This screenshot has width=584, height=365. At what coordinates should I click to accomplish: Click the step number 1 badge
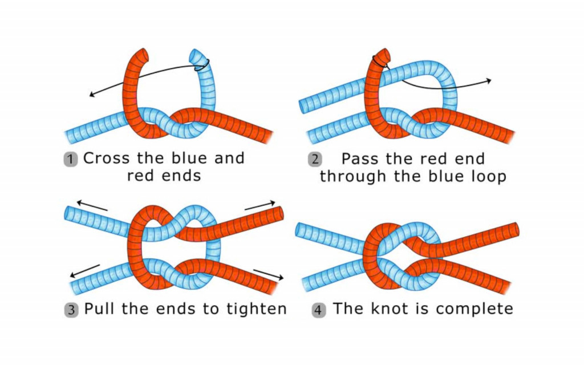(x=71, y=159)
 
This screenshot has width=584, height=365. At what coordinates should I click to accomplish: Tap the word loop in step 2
(x=486, y=176)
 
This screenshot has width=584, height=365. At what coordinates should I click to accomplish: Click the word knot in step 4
(x=387, y=309)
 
